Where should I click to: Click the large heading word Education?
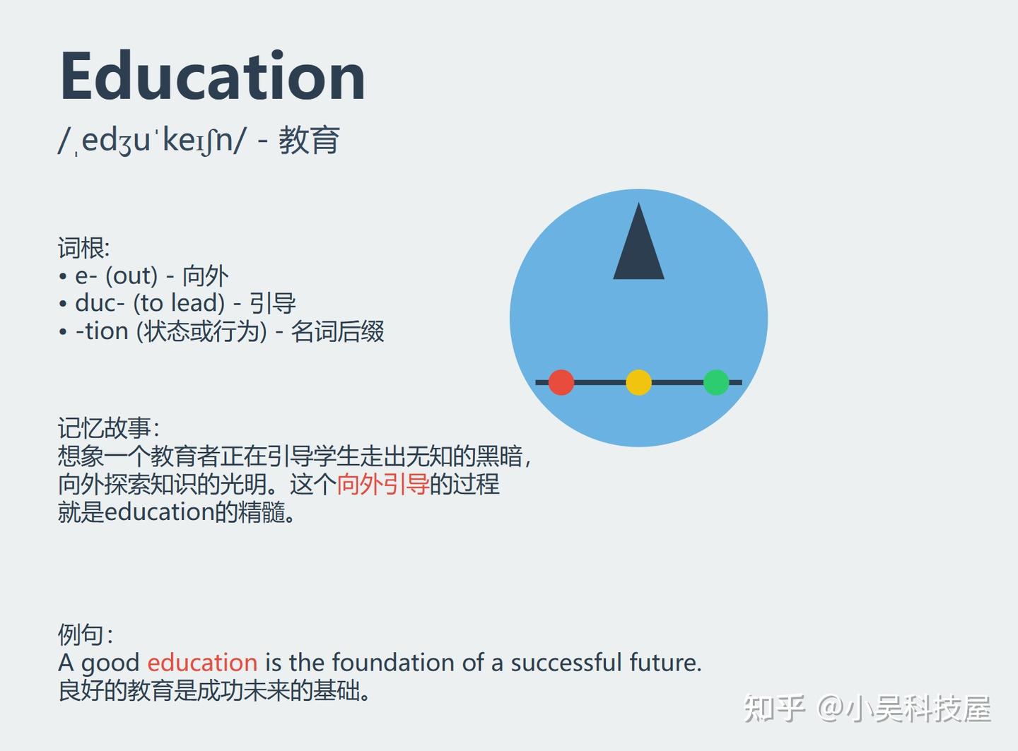pos(213,75)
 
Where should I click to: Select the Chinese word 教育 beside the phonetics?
pos(309,140)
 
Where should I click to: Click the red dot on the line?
pos(561,382)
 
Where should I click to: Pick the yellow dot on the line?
pos(638,382)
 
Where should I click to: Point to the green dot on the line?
pos(716,382)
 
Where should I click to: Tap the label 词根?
pos(84,248)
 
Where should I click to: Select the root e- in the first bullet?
pos(86,276)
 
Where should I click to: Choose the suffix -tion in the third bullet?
pos(102,331)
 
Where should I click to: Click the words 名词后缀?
pos(337,331)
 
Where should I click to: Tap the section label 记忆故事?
pos(109,428)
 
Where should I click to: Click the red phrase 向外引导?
pos(383,484)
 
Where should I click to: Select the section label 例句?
pos(86,634)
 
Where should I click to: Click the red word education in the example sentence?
pos(202,663)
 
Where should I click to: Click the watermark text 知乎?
pos(774,709)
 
